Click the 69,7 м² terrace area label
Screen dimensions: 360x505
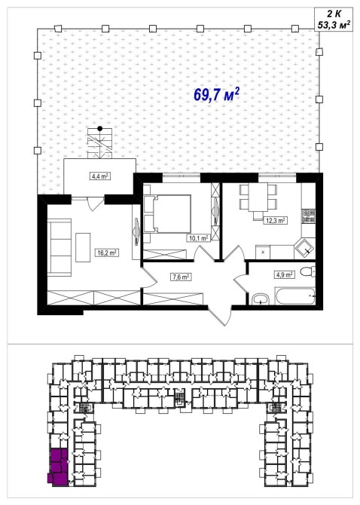[216, 94]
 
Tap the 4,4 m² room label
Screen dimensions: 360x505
[99, 176]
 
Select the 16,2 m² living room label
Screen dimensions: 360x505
[108, 252]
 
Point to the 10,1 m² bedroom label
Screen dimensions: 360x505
[198, 238]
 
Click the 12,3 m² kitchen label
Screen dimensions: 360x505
[276, 221]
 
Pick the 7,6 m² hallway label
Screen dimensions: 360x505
[181, 277]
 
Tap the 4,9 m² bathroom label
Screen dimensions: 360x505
[284, 274]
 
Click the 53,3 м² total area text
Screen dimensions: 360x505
[334, 25]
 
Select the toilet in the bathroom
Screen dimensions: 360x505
[308, 271]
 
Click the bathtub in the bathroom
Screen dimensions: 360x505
[294, 296]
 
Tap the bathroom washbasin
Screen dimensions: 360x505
[261, 299]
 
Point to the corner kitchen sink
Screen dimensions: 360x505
[304, 248]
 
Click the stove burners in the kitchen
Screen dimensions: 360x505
[308, 216]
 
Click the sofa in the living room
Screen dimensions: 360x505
[59, 247]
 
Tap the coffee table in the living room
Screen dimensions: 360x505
[83, 247]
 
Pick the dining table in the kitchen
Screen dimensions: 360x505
[258, 197]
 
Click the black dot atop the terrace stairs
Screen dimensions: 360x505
[100, 128]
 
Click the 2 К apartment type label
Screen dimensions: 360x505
[334, 14]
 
